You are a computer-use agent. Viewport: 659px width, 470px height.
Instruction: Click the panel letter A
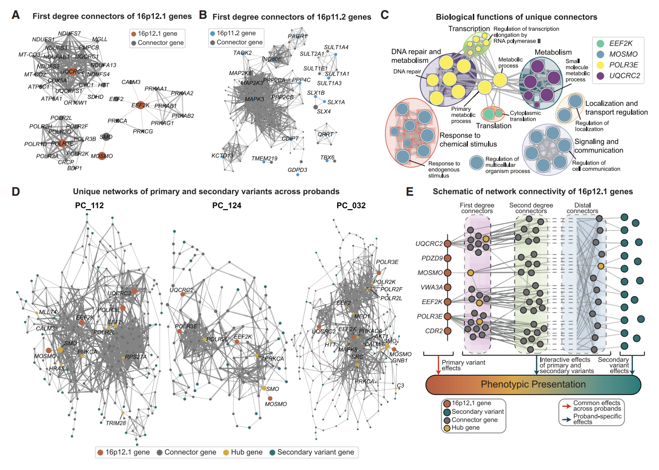click(x=16, y=15)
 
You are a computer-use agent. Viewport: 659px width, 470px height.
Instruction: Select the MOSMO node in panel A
click(x=102, y=156)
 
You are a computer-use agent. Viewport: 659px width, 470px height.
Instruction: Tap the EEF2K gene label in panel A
click(x=140, y=105)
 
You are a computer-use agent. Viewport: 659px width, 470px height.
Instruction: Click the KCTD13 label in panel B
click(x=222, y=156)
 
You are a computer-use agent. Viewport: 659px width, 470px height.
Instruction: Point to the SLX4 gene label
click(x=324, y=111)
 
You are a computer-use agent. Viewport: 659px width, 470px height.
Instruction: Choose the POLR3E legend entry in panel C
click(x=623, y=65)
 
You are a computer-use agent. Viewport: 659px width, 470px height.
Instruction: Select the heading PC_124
click(x=226, y=205)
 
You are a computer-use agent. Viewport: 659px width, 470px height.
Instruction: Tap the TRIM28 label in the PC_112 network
click(x=116, y=423)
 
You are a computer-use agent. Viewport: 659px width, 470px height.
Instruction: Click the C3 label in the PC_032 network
click(x=400, y=386)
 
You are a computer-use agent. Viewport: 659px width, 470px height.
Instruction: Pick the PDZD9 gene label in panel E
click(x=432, y=258)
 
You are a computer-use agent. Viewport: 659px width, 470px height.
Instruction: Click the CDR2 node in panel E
click(x=447, y=331)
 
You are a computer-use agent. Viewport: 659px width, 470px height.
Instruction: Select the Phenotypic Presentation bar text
click(x=533, y=385)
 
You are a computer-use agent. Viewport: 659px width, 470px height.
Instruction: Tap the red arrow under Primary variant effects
click(x=438, y=366)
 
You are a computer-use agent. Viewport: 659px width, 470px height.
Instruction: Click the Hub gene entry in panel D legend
click(x=246, y=452)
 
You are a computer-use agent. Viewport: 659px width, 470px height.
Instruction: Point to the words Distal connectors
click(x=582, y=208)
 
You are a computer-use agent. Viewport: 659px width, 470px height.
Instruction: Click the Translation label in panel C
click(x=494, y=126)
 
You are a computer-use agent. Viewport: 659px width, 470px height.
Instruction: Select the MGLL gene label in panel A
click(x=99, y=39)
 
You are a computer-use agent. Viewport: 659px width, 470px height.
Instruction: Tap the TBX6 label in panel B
click(x=327, y=157)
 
